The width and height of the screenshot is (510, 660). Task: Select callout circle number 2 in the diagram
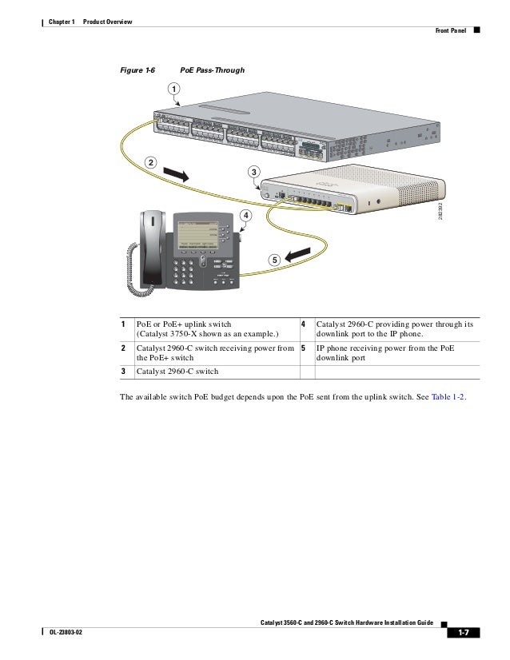click(149, 163)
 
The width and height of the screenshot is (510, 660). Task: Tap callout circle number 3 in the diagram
click(253, 173)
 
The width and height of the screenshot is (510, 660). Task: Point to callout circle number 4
click(245, 216)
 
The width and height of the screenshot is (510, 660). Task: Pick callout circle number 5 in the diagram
click(273, 260)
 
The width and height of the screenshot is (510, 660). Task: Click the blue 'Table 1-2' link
click(447, 394)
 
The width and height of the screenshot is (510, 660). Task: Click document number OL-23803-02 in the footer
click(59, 633)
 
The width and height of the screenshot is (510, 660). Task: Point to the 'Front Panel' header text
click(450, 32)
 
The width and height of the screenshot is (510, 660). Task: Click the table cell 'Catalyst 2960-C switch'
click(177, 372)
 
